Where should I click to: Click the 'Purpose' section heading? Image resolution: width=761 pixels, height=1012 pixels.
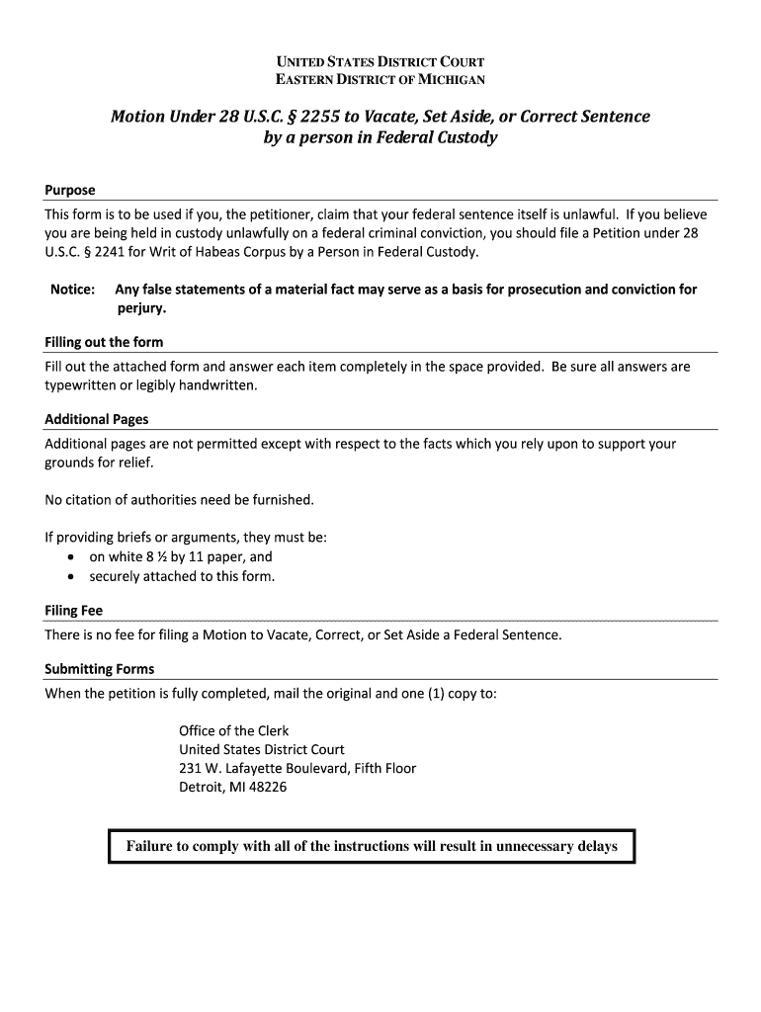point(70,190)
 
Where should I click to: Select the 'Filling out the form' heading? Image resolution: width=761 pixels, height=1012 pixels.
point(104,342)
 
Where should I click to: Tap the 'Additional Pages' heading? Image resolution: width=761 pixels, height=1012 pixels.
point(96,419)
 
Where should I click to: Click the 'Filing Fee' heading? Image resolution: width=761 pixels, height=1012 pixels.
point(73,610)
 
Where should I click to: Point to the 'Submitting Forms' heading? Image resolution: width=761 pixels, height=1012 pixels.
point(99,668)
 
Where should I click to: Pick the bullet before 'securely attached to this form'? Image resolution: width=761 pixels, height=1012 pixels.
point(72,576)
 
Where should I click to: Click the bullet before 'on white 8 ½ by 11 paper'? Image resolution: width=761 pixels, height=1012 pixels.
point(72,556)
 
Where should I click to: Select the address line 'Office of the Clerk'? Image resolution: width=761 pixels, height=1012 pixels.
point(233,730)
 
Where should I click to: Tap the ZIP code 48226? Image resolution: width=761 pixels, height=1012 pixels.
point(266,788)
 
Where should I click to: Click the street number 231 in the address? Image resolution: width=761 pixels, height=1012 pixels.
point(190,768)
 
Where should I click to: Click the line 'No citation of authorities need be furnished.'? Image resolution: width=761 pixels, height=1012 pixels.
point(179,499)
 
